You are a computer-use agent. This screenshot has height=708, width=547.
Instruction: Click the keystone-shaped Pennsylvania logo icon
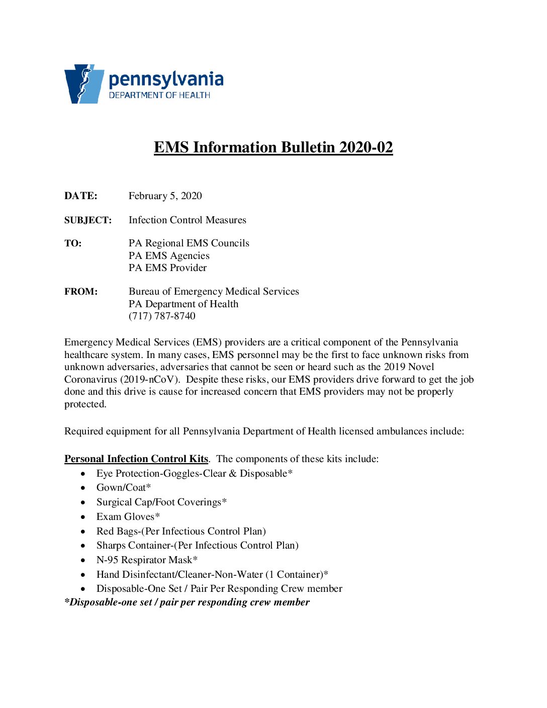pyautogui.click(x=83, y=84)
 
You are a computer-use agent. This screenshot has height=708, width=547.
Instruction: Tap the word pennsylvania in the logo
pyautogui.click(x=166, y=80)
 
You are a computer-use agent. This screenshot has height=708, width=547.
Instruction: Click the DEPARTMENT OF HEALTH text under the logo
pyautogui.click(x=159, y=96)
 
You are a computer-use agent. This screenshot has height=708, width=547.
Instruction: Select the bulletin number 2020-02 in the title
pyautogui.click(x=366, y=147)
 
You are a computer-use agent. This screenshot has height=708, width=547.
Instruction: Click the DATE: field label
pyautogui.click(x=81, y=196)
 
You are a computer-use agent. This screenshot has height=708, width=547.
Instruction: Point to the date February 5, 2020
pyautogui.click(x=165, y=196)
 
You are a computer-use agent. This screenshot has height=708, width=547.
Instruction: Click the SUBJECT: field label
pyautogui.click(x=88, y=220)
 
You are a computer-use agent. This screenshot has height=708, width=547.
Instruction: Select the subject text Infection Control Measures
pyautogui.click(x=187, y=220)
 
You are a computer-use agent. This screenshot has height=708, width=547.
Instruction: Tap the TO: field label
pyautogui.click(x=73, y=243)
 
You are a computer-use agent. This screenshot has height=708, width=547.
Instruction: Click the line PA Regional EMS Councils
pyautogui.click(x=189, y=243)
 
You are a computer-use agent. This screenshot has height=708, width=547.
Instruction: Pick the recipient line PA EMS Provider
pyautogui.click(x=167, y=268)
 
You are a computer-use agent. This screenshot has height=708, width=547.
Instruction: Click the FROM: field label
pyautogui.click(x=81, y=292)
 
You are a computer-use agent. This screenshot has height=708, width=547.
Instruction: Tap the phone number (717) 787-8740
pyautogui.click(x=162, y=316)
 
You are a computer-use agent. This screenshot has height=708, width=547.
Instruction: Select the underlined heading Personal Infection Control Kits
pyautogui.click(x=136, y=459)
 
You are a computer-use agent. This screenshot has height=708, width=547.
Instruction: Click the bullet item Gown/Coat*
pyautogui.click(x=124, y=488)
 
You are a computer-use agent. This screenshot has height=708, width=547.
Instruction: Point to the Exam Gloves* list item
pyautogui.click(x=128, y=517)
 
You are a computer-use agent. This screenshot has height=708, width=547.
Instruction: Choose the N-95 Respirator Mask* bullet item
pyautogui.click(x=147, y=560)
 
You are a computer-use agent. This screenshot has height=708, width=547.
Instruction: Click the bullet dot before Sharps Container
pyautogui.click(x=83, y=546)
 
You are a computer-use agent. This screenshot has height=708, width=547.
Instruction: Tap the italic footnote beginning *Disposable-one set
pyautogui.click(x=187, y=602)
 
